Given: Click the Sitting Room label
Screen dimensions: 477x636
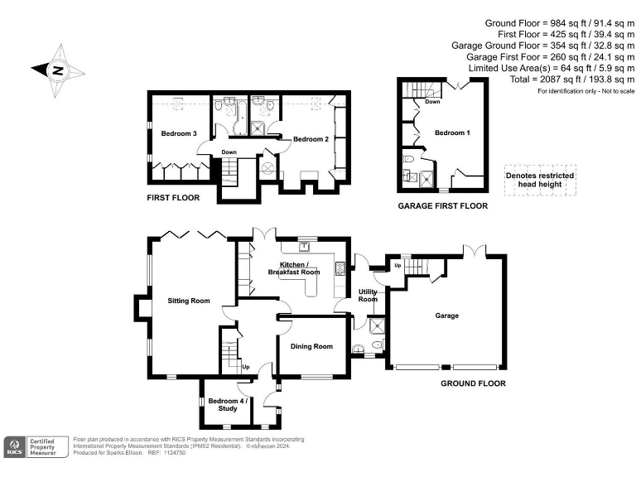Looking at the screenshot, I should tap(189, 301).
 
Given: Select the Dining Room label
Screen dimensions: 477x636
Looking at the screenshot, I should tap(311, 346).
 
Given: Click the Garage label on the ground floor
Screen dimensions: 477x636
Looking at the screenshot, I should tap(446, 316).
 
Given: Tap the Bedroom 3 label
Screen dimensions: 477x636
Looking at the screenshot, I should tap(179, 134).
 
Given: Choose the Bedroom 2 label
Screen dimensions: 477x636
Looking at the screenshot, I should tap(311, 139).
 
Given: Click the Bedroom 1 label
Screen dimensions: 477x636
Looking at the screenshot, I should tap(452, 132).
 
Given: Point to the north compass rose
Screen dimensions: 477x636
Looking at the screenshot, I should tap(57, 70).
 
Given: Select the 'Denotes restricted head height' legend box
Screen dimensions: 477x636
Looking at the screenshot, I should tap(540, 181).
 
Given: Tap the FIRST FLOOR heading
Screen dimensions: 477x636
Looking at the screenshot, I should tap(173, 198).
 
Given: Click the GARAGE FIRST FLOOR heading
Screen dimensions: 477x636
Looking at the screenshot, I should tap(442, 206).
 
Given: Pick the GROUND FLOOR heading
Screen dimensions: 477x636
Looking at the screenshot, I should tap(473, 383).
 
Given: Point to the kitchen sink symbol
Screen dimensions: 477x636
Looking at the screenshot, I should tap(304, 244).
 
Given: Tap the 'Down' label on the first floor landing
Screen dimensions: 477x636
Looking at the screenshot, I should tap(229, 152).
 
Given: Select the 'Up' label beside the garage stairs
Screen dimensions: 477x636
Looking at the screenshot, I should tap(397, 266).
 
